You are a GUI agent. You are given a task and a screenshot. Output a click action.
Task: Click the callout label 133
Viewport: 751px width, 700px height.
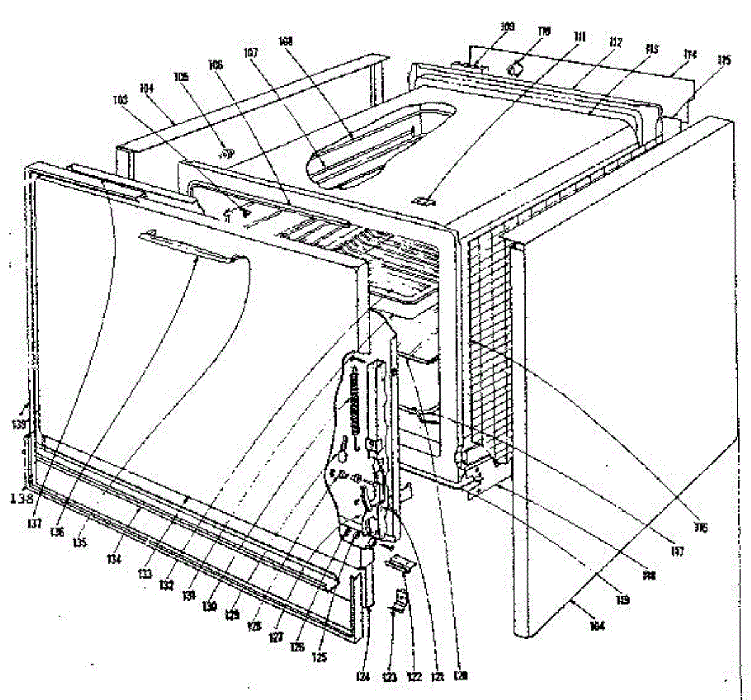(145, 574)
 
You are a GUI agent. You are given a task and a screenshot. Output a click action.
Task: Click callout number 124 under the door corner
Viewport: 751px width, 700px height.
(365, 676)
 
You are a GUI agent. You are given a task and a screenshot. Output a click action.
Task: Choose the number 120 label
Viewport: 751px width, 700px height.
(461, 676)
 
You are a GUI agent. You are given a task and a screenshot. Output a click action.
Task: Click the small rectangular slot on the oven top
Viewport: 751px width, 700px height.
(423, 201)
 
